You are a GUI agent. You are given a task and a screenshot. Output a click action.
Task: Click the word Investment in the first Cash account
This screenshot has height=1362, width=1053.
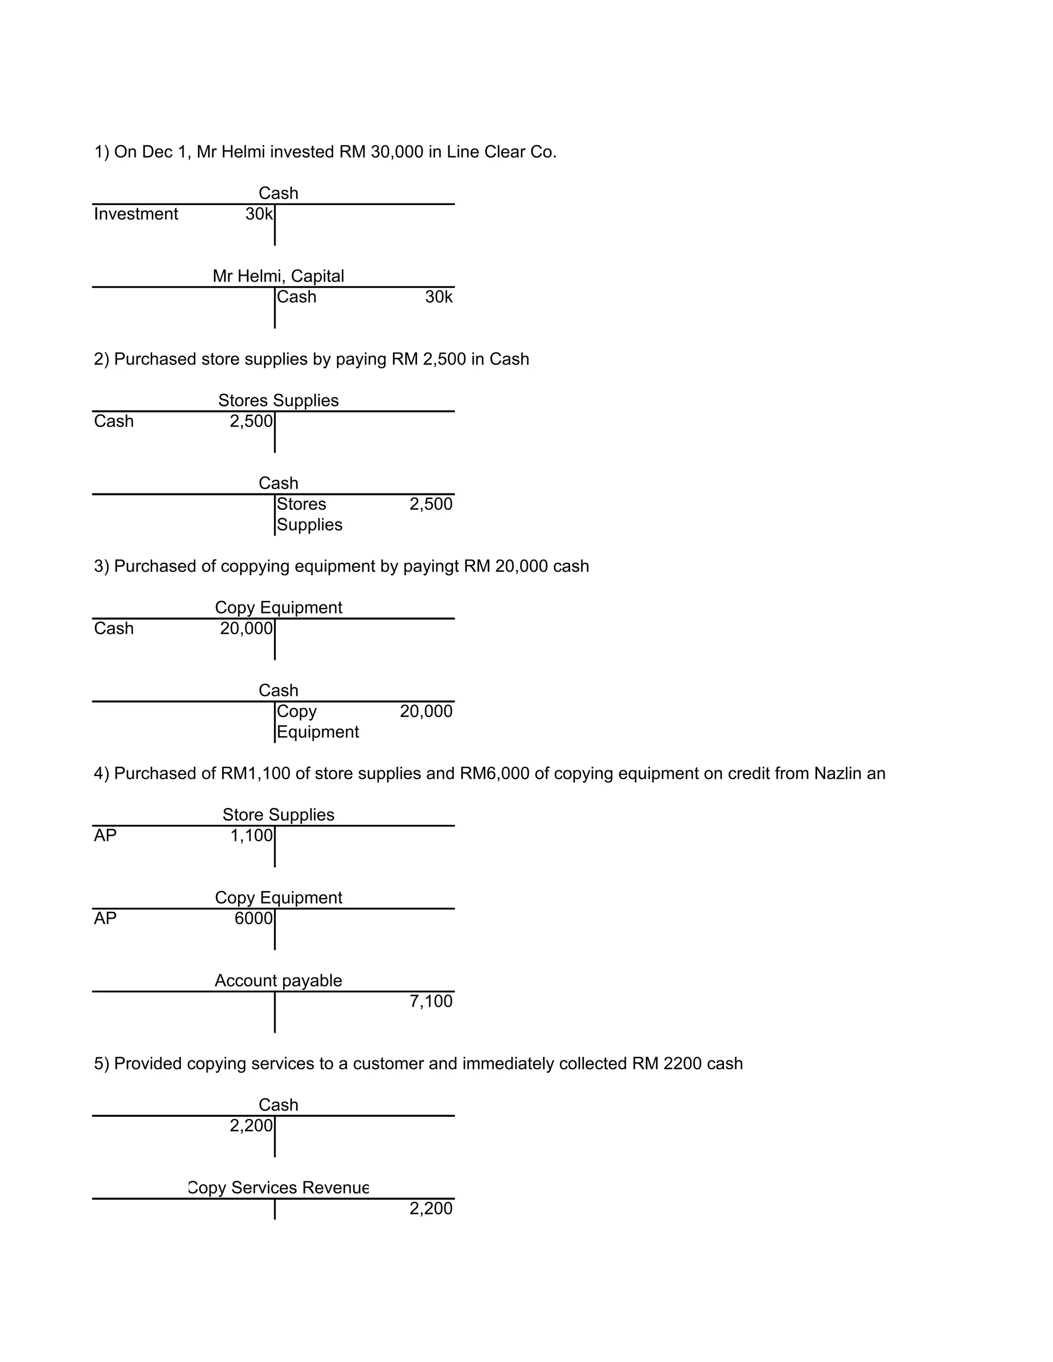136,214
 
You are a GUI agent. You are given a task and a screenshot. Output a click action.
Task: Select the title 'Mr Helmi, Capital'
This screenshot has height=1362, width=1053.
278,275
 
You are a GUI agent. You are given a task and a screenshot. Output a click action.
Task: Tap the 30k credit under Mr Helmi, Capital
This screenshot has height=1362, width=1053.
439,297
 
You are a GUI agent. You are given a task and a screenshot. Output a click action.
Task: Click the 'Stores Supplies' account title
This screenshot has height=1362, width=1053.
278,400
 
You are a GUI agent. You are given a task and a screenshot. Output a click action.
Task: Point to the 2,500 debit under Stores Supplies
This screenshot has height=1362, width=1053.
251,421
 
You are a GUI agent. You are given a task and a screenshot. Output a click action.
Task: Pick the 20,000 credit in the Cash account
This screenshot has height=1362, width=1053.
426,711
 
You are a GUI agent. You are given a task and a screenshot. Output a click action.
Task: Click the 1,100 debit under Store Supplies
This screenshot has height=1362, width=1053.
251,836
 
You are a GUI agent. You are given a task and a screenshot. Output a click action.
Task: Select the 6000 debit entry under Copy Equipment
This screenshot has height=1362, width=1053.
253,918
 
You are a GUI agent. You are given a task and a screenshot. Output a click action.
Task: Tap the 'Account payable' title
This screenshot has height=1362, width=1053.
278,980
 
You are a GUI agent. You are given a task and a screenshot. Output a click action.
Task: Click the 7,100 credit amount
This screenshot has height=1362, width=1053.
431,1001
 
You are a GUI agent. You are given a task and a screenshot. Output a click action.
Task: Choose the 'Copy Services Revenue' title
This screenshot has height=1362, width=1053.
278,1187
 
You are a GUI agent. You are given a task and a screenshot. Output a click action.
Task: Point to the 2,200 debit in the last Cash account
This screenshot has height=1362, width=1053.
251,1126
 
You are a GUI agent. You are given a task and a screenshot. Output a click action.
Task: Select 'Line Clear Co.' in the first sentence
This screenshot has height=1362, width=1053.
501,152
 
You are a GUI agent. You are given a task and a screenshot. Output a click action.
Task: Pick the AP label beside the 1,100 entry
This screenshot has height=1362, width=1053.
105,836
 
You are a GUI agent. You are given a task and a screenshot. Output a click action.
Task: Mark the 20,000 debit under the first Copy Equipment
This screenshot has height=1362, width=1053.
246,629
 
